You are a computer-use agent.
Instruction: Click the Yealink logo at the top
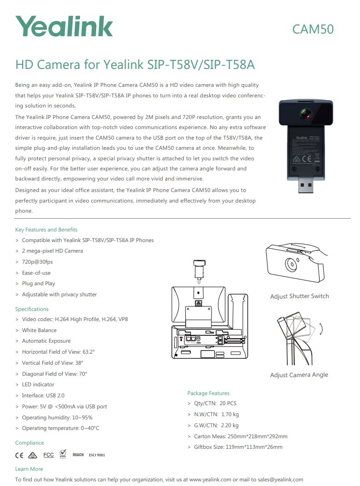(64, 27)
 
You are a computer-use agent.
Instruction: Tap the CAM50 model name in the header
(313, 29)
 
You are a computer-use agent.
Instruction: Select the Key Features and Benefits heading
(46, 230)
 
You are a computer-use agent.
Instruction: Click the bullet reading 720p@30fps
(37, 262)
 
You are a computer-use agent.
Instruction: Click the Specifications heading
(32, 309)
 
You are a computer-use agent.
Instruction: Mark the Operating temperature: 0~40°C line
(60, 428)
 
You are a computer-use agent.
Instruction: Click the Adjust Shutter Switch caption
(299, 296)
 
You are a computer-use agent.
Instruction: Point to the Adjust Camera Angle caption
(299, 375)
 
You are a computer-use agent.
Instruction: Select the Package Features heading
(208, 393)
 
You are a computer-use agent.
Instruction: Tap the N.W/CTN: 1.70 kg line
(216, 414)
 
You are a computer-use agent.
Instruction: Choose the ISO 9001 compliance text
(97, 455)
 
